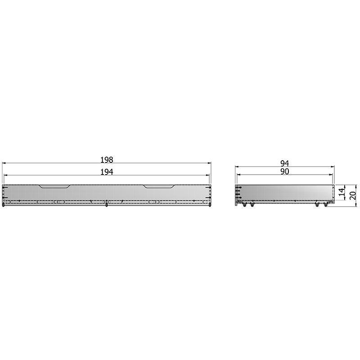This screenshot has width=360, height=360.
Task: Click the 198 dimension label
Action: [x=107, y=160]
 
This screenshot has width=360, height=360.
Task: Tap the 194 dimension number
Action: [x=107, y=172]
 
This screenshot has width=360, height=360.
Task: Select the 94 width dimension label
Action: [x=284, y=163]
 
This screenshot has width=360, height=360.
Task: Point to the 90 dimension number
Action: [x=284, y=171]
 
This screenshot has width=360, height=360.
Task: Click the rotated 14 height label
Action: [x=342, y=192]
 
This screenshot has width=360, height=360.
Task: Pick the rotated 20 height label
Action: [x=354, y=195]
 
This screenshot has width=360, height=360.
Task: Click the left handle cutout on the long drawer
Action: [x=54, y=186]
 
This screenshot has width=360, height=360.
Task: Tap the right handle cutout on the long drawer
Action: [x=160, y=186]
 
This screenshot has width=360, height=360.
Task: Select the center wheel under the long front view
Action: [x=106, y=205]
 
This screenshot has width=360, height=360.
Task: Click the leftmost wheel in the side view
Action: [x=244, y=205]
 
